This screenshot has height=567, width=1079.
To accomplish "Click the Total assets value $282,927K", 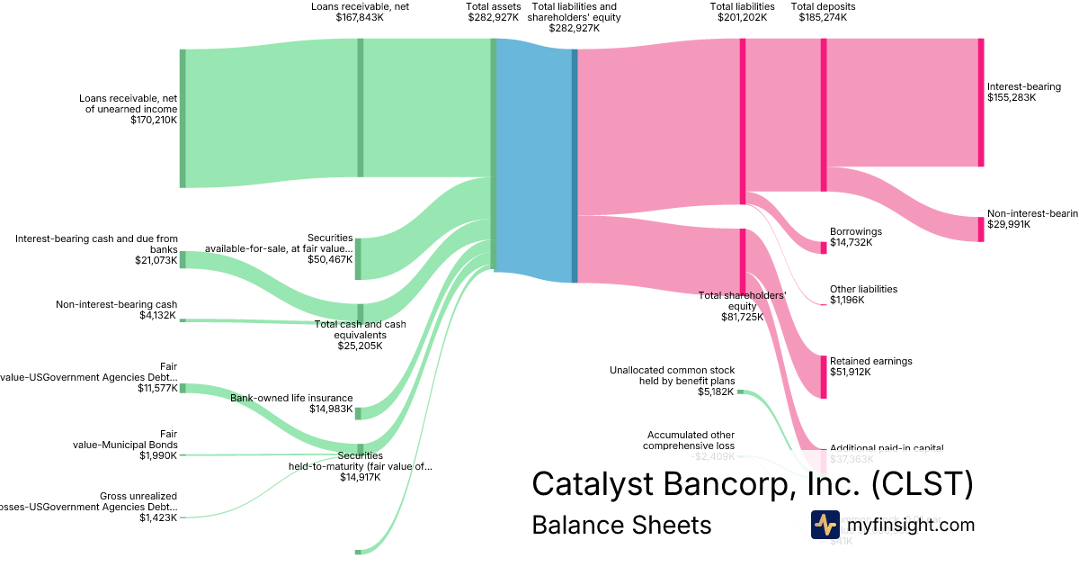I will (493, 17).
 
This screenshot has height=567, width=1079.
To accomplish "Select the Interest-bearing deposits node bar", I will (981, 103).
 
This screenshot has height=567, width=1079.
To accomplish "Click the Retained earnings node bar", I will (823, 377).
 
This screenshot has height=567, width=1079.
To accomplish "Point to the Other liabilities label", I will (863, 289).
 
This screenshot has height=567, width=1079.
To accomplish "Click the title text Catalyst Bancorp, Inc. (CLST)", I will (752, 483).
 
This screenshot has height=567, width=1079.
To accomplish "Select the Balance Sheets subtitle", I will (621, 525).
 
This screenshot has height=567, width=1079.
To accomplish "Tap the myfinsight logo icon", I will (825, 525).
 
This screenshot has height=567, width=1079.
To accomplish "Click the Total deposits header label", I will (823, 6).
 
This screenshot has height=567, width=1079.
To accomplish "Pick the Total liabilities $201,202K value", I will (742, 17).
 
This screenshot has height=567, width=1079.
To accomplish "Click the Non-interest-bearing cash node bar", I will (183, 319).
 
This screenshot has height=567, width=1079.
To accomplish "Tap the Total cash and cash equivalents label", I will (360, 334).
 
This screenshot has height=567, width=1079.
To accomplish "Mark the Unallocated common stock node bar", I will (741, 392).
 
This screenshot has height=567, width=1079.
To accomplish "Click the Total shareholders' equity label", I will (742, 305).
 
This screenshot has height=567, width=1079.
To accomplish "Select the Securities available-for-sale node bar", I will (358, 259).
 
